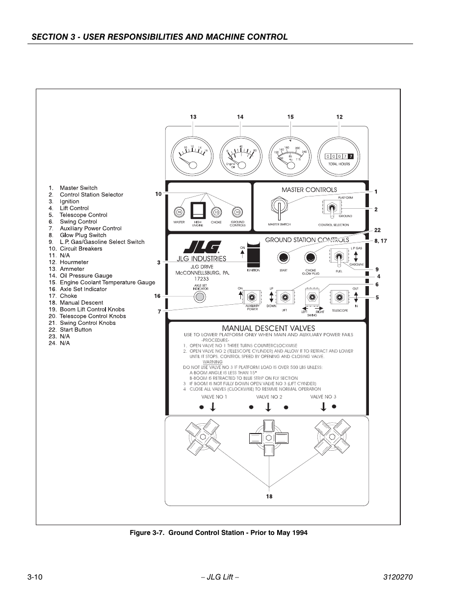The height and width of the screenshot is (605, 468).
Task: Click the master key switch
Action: coord(278,208)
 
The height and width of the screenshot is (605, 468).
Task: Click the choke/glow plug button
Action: coord(310,257)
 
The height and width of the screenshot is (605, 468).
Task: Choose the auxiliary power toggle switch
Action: coord(252,297)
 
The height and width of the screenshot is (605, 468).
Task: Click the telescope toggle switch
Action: coord(339,297)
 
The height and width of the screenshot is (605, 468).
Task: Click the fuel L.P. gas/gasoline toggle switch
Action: coord(338,257)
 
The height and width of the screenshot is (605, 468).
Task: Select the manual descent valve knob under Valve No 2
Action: coord(268,437)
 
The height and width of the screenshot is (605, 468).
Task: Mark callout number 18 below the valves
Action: coord(269,496)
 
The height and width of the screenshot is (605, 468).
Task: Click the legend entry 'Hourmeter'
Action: coord(74,262)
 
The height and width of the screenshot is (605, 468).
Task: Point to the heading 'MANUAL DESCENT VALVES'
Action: coord(268,328)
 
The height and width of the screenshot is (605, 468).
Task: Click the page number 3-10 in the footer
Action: coord(35,577)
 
